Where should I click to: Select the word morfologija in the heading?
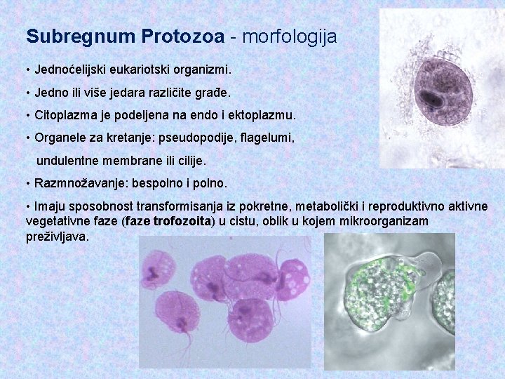290,36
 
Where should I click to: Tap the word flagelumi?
267,139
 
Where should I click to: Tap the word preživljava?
58,237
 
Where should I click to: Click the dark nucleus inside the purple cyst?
436,99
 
